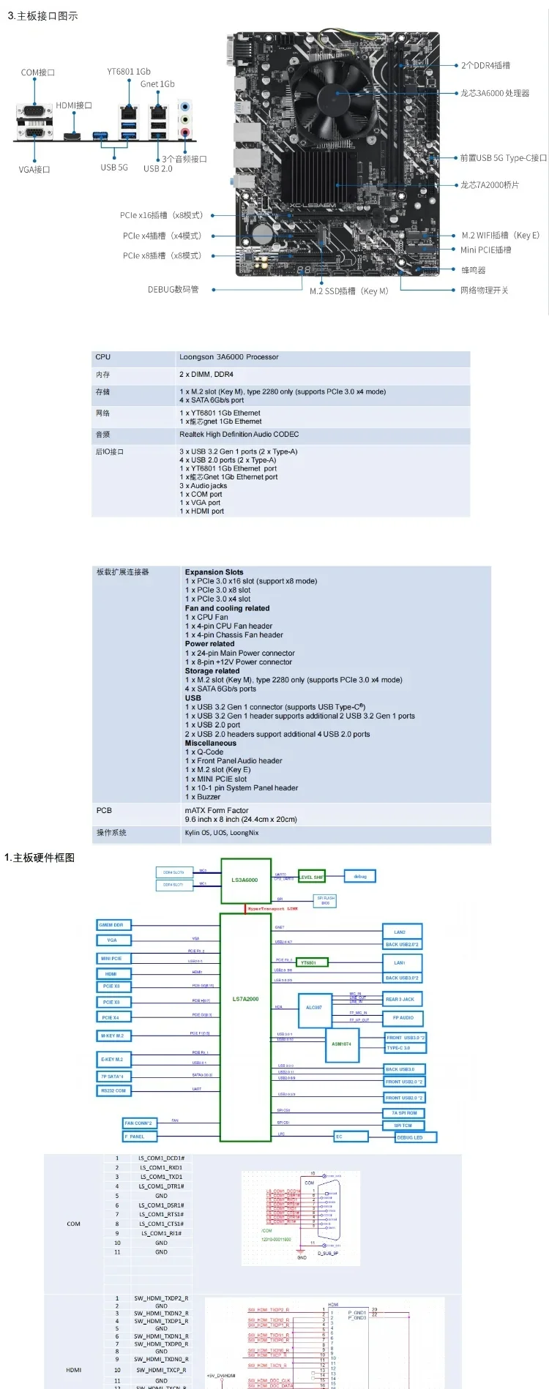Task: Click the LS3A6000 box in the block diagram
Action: coord(245,880)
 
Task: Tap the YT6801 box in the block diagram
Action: coord(308,962)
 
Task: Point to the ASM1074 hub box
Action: coord(341,1044)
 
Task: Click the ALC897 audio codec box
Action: coord(313,1008)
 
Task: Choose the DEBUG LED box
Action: coord(415,1137)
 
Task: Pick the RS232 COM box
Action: coord(113,1090)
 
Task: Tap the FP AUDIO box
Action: coord(403,1017)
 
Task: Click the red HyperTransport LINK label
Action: coord(272,908)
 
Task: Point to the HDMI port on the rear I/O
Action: coord(72,136)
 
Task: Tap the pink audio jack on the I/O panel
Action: coord(185,132)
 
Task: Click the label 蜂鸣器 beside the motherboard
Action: coord(473,270)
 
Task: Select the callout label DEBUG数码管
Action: coord(173,290)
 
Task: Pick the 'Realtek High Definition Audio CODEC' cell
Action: coord(239,434)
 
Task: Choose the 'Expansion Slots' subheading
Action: coord(214,572)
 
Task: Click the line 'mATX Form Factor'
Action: coord(217,810)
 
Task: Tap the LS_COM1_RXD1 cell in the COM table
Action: coord(161,1167)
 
